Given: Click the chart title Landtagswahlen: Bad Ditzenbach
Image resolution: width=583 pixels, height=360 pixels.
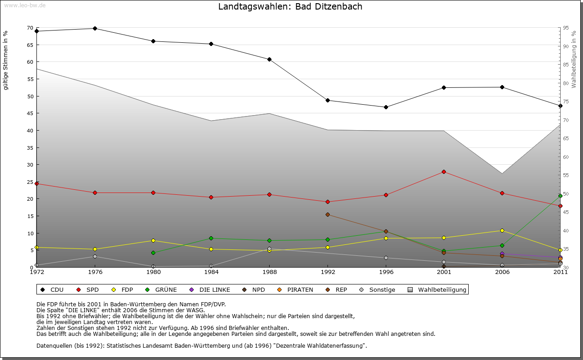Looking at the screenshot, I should pyautogui.click(x=290, y=7).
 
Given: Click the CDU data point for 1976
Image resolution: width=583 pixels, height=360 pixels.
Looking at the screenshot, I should pyautogui.click(x=95, y=28).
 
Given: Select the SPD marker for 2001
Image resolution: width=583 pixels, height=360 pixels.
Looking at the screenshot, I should pyautogui.click(x=444, y=172).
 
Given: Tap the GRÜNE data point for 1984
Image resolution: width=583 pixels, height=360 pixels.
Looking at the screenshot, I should pyautogui.click(x=211, y=238).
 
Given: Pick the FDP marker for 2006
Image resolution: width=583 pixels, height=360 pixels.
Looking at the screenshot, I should pyautogui.click(x=502, y=230).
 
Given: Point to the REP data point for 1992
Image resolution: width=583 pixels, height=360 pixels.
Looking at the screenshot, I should pyautogui.click(x=327, y=214).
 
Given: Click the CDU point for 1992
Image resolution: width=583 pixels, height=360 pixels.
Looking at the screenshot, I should pyautogui.click(x=327, y=100).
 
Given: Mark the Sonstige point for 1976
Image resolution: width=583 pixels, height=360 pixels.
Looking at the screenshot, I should pyautogui.click(x=95, y=256).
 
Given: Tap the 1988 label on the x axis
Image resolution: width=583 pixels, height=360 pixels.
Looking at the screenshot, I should pyautogui.click(x=270, y=273).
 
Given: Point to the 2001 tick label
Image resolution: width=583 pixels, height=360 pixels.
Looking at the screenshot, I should pyautogui.click(x=444, y=273).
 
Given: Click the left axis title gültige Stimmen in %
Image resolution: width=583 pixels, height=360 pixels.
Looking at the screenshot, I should pyautogui.click(x=5, y=60).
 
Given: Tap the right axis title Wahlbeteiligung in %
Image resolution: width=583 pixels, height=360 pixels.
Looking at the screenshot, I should pyautogui.click(x=574, y=59).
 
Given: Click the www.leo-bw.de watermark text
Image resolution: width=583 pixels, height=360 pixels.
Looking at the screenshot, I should pyautogui.click(x=25, y=5).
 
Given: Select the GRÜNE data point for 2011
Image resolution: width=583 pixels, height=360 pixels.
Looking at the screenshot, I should pyautogui.click(x=560, y=196).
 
